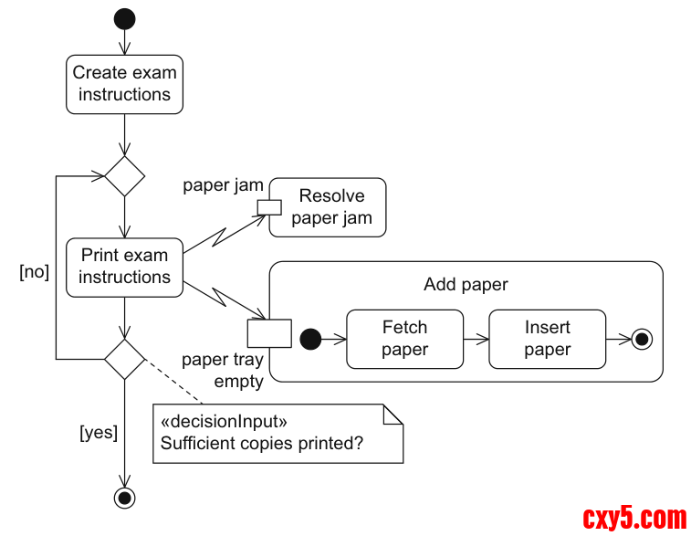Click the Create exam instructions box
pyautogui.click(x=124, y=84)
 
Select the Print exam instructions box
pyautogui.click(x=124, y=267)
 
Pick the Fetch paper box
pyautogui.click(x=404, y=339)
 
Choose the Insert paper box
pyautogui.click(x=547, y=339)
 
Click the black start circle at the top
pyautogui.click(x=124, y=19)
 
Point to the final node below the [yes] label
pyautogui.click(x=124, y=498)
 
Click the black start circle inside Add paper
pyautogui.click(x=310, y=339)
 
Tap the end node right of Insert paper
pyautogui.click(x=642, y=339)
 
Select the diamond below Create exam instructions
pyautogui.click(x=124, y=176)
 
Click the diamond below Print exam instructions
pyautogui.click(x=124, y=359)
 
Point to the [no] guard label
pyautogui.click(x=35, y=271)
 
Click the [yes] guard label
pyautogui.click(x=99, y=433)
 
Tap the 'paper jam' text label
pyautogui.click(x=223, y=185)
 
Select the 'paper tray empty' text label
pyautogui.click(x=223, y=371)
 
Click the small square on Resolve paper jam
pyautogui.click(x=269, y=206)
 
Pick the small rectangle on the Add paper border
pyautogui.click(x=269, y=333)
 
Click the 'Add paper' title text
pyautogui.click(x=466, y=285)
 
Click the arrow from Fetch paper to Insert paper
pyautogui.click(x=476, y=339)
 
